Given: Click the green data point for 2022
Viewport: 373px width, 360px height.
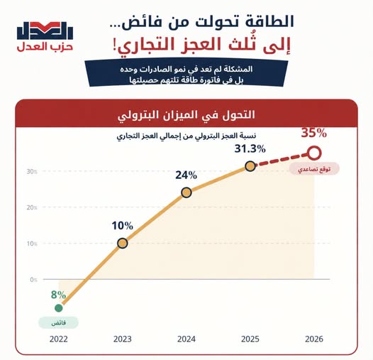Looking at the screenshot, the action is pos(59,308).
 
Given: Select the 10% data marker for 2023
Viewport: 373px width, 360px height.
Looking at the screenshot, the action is pos(123,244).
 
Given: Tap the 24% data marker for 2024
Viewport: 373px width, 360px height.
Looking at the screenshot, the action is pos(186,192).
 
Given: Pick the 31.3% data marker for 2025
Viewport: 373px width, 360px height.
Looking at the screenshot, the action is pos(250,166).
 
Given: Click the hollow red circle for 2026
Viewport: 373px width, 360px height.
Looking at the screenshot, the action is pos(314,153).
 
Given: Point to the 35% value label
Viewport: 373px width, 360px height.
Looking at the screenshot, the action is pos(314,133).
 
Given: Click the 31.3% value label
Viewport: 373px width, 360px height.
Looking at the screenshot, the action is pos(250,149).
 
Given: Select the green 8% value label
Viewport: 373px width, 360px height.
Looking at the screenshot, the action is pos(58,295).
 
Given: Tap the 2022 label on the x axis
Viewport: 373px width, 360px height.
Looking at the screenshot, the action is pos(59,339).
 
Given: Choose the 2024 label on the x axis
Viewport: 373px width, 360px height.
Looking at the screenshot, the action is pos(186,339).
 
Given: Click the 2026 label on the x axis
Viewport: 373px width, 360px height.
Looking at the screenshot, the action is pos(314,339).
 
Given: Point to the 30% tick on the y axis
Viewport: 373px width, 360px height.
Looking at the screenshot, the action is pos(32,172).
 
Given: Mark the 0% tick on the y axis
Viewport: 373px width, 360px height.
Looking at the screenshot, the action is pos(33,280).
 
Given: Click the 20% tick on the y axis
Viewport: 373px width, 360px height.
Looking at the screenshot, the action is pos(32,207).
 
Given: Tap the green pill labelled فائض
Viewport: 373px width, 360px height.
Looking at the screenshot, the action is pos(59,323).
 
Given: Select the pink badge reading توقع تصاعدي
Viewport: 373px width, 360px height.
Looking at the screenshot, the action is pos(314,169).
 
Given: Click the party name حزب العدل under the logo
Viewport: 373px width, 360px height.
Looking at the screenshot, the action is pos(45,47).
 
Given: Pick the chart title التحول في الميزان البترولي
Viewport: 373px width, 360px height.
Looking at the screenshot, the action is pos(186,115).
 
